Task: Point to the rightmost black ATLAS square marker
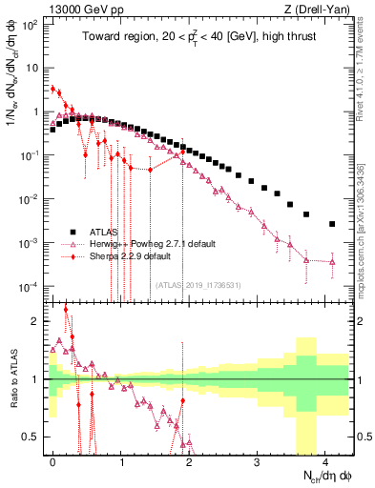tap(332, 224)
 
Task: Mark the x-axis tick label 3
tap(257, 460)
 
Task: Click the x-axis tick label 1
tap(121, 460)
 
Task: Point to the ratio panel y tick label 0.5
tap(36, 437)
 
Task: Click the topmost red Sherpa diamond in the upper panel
tap(53, 89)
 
